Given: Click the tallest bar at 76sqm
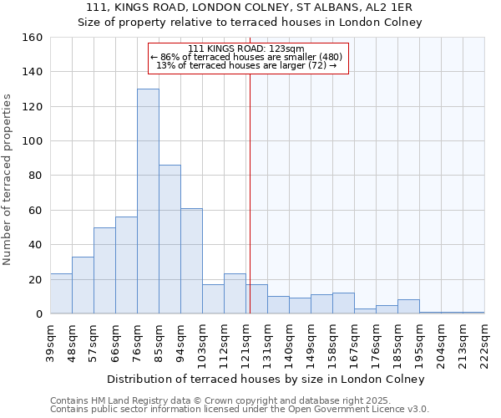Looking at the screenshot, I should point(148,201).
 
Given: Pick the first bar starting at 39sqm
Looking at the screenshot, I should point(61,293).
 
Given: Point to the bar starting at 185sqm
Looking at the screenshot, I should point(408,307).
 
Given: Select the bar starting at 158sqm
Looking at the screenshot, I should point(343,303).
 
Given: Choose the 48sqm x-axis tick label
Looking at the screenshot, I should point(73,339).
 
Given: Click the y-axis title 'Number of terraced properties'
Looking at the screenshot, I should point(8,180).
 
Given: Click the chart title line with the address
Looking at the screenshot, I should point(250,8).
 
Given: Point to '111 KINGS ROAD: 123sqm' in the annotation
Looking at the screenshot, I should point(246,48).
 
